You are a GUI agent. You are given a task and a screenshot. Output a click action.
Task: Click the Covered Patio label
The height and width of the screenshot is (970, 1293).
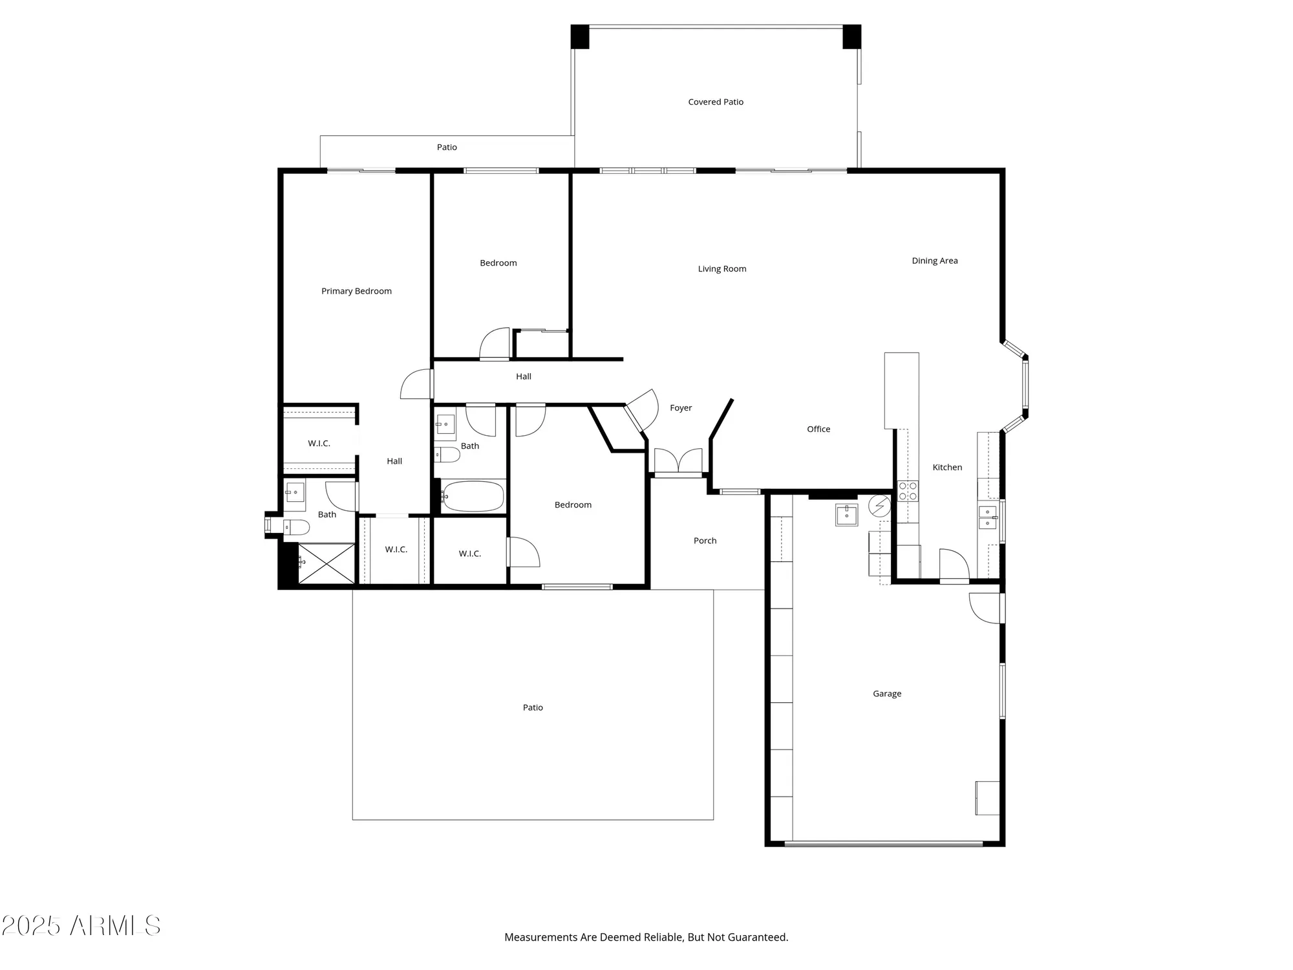(x=716, y=102)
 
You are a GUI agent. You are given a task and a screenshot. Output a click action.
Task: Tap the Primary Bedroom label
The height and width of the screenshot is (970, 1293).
(x=356, y=291)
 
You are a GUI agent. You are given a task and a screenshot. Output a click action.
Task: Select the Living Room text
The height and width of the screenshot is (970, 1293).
(x=721, y=269)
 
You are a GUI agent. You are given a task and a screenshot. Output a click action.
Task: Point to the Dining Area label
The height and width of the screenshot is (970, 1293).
(x=934, y=261)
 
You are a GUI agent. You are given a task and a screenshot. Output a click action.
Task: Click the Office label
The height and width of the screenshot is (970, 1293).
(x=818, y=429)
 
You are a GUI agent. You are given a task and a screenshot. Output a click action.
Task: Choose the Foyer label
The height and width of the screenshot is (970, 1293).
(x=680, y=408)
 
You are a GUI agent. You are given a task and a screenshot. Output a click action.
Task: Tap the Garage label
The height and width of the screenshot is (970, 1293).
(x=886, y=694)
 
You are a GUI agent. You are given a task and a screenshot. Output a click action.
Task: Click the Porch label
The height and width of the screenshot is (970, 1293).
(x=705, y=541)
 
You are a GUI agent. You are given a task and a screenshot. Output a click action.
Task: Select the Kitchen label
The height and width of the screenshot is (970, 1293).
(x=946, y=468)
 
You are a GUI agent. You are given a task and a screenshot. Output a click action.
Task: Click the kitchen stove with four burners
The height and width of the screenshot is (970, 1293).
(x=908, y=491)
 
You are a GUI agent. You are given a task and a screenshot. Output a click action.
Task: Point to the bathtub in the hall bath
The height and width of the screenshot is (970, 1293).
(x=473, y=497)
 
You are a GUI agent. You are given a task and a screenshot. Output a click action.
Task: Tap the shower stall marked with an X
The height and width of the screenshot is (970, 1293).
(x=326, y=563)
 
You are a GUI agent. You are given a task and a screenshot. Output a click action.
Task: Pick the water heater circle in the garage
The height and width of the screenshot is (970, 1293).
(x=879, y=506)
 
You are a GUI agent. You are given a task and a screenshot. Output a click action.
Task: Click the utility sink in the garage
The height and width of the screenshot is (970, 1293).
(x=846, y=515)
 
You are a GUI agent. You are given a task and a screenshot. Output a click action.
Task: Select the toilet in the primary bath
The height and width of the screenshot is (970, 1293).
(x=297, y=528)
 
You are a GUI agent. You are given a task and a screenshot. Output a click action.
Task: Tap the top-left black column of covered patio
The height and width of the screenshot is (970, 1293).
(x=580, y=36)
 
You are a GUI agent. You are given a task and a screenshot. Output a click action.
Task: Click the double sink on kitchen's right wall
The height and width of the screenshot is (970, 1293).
(x=987, y=518)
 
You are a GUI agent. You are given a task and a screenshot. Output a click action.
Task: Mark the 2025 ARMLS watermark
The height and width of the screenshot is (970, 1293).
(x=81, y=926)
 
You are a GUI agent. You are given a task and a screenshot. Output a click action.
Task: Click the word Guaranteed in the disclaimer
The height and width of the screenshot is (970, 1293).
(x=757, y=937)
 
